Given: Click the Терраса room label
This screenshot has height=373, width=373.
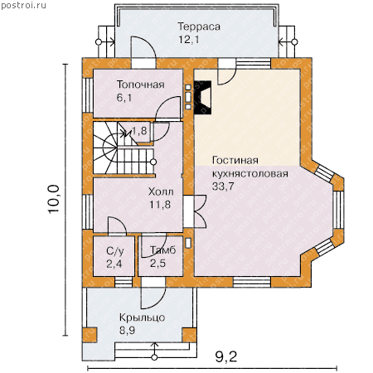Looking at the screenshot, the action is (199, 27).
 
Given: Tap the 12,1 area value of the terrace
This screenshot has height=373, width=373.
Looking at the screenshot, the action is (189, 40).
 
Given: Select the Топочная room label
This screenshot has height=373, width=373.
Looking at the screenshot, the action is (141, 85).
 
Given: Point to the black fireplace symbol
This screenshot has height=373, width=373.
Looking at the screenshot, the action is (203, 97).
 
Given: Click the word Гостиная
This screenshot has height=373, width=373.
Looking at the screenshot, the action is (235, 160).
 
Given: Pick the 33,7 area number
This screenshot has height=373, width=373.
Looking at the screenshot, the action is (223, 186).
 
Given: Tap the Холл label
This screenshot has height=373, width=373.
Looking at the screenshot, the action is (161, 191).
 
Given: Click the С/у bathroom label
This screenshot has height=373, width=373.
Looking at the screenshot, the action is (115, 251).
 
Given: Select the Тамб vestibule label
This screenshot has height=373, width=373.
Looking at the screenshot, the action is (163, 250).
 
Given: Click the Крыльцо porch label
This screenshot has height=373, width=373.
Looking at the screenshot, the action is (142, 317).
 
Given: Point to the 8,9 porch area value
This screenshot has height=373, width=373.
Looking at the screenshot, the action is (128, 330).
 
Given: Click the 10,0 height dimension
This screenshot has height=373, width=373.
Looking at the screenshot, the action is (54, 199).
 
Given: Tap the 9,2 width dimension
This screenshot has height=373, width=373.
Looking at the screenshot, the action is (226, 357).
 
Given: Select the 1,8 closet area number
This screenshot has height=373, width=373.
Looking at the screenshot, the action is (139, 131).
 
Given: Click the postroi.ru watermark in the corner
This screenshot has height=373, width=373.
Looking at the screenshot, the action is (23, 6).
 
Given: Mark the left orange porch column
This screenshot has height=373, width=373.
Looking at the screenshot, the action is (90, 335).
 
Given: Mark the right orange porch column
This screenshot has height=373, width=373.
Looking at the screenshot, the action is (189, 335).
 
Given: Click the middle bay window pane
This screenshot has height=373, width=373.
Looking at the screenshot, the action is (338, 210).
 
